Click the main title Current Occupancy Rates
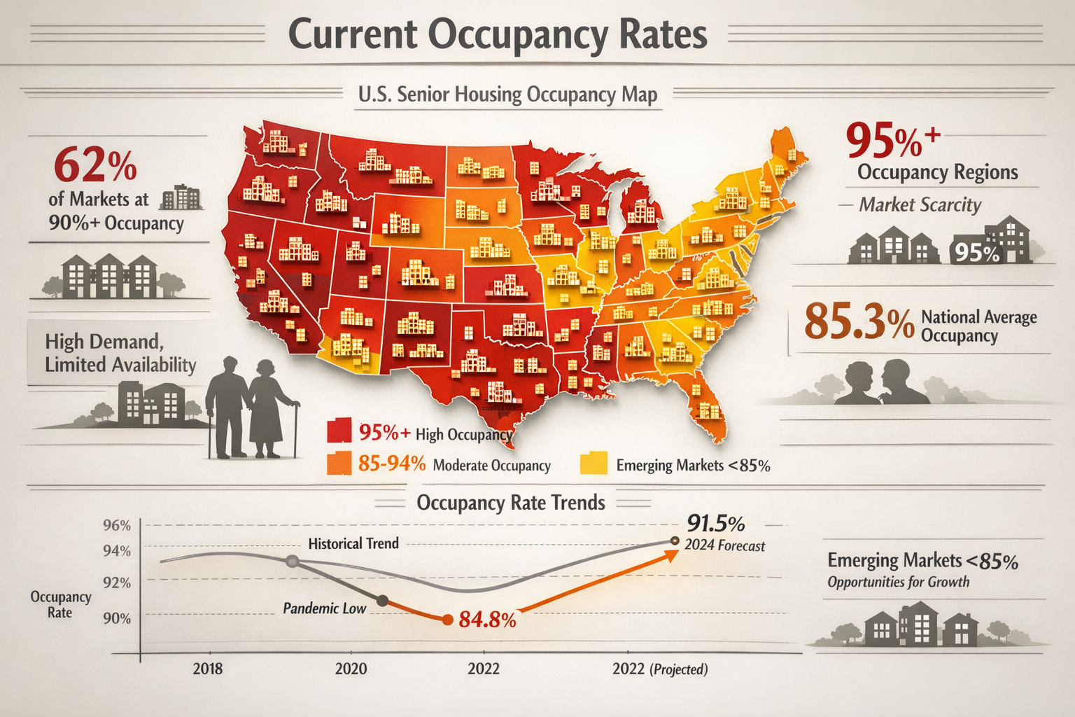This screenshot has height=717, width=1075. [x=497, y=34]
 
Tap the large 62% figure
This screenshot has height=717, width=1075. [x=94, y=165]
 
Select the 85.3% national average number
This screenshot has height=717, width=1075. [x=859, y=321]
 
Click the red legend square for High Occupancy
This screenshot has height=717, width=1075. [x=339, y=431]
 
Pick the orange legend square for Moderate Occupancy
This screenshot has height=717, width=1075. [x=339, y=464]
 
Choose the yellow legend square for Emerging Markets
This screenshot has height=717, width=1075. [x=593, y=464]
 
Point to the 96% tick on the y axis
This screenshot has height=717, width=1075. [x=117, y=526]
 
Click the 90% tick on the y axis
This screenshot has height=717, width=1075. [x=117, y=618]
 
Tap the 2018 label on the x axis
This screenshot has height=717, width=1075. [x=207, y=669]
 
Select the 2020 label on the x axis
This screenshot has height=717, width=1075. [x=351, y=669]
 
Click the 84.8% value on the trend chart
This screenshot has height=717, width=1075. [x=487, y=620]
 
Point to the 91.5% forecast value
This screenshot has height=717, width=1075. [x=715, y=523]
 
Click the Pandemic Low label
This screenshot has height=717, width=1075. [x=324, y=608]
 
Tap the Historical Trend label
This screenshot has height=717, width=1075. [x=353, y=543]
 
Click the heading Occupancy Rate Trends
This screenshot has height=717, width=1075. [x=511, y=503]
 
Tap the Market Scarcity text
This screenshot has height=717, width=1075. [x=920, y=204]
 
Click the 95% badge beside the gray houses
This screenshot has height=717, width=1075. [x=976, y=252]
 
